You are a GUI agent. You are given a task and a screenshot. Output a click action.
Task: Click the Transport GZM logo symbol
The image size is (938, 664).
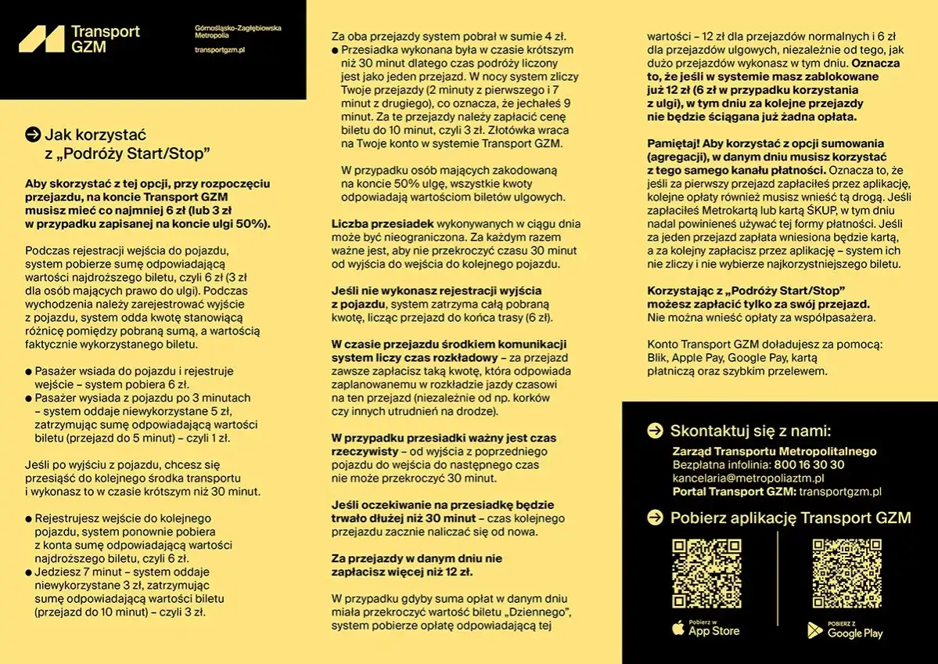point(41,38)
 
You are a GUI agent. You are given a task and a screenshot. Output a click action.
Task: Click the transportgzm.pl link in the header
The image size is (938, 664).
point(220,50)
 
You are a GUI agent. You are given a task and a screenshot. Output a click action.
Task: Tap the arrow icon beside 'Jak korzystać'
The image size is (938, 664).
point(33,135)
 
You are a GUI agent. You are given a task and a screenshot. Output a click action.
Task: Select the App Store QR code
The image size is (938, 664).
point(706,574)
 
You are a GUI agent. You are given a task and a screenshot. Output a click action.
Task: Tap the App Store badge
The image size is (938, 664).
point(706,628)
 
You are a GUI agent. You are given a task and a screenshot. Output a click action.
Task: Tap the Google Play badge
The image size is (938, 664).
point(845,630)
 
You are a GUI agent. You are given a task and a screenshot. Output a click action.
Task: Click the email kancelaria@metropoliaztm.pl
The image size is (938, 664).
point(748,478)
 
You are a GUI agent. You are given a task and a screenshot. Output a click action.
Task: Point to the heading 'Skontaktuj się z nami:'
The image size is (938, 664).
point(749,431)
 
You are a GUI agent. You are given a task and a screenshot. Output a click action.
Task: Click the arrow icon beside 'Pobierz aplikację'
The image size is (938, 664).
point(655,518)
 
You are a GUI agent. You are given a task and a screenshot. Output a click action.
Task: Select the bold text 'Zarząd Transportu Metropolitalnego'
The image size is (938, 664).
point(774,451)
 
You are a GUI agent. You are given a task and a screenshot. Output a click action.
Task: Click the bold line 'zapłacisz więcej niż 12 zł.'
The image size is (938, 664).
point(401,572)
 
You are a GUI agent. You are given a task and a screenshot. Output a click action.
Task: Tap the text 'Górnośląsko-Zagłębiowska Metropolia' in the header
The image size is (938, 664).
point(238,31)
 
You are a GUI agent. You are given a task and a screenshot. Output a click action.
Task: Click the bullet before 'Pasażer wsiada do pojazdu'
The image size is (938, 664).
point(29,372)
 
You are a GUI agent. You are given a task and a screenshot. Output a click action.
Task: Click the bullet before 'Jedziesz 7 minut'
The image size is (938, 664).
point(29,572)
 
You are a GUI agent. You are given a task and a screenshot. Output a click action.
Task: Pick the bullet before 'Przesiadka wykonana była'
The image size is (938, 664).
point(336,50)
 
